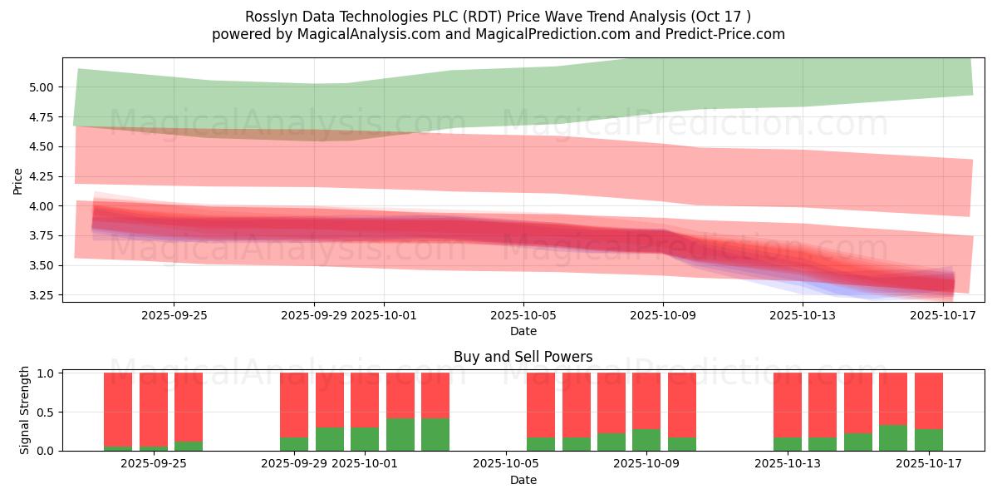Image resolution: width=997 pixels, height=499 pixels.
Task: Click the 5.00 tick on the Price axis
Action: click(42, 87)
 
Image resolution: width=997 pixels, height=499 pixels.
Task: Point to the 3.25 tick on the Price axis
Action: click(42, 295)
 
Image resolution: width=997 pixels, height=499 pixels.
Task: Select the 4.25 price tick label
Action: click(42, 176)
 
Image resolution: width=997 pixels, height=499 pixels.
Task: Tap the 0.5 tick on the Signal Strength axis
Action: click(47, 412)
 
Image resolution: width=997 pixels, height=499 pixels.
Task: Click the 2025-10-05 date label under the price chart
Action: click(523, 315)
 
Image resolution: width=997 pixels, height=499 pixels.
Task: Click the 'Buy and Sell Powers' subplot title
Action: click(523, 357)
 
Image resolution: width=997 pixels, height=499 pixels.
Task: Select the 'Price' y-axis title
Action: click(18, 180)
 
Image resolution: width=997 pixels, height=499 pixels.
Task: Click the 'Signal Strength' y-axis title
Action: click(25, 410)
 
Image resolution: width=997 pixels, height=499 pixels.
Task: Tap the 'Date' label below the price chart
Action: click(523, 331)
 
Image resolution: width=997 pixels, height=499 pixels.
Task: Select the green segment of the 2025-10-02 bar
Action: click(400, 434)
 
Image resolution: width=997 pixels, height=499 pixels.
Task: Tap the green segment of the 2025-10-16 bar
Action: click(893, 437)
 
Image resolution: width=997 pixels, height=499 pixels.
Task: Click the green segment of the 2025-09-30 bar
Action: click(330, 438)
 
